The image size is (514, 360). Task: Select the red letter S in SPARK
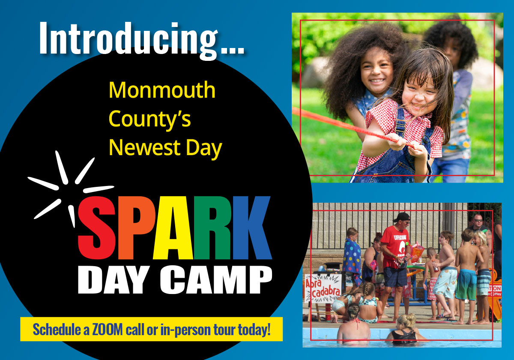pos(97,228)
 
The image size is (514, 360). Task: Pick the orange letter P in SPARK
pos(136,228)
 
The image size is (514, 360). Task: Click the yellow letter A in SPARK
pos(173,228)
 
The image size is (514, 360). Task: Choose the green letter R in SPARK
pos(213,228)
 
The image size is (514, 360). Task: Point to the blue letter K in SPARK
pos(252,228)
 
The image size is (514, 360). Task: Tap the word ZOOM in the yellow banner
pos(108,330)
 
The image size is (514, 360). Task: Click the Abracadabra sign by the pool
pos(323,289)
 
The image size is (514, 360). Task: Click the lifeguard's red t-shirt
pos(394,247)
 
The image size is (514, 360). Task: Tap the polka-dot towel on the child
pos(352,258)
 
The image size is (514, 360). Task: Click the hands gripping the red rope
pos(407,145)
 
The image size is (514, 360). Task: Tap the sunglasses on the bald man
pos(478,220)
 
